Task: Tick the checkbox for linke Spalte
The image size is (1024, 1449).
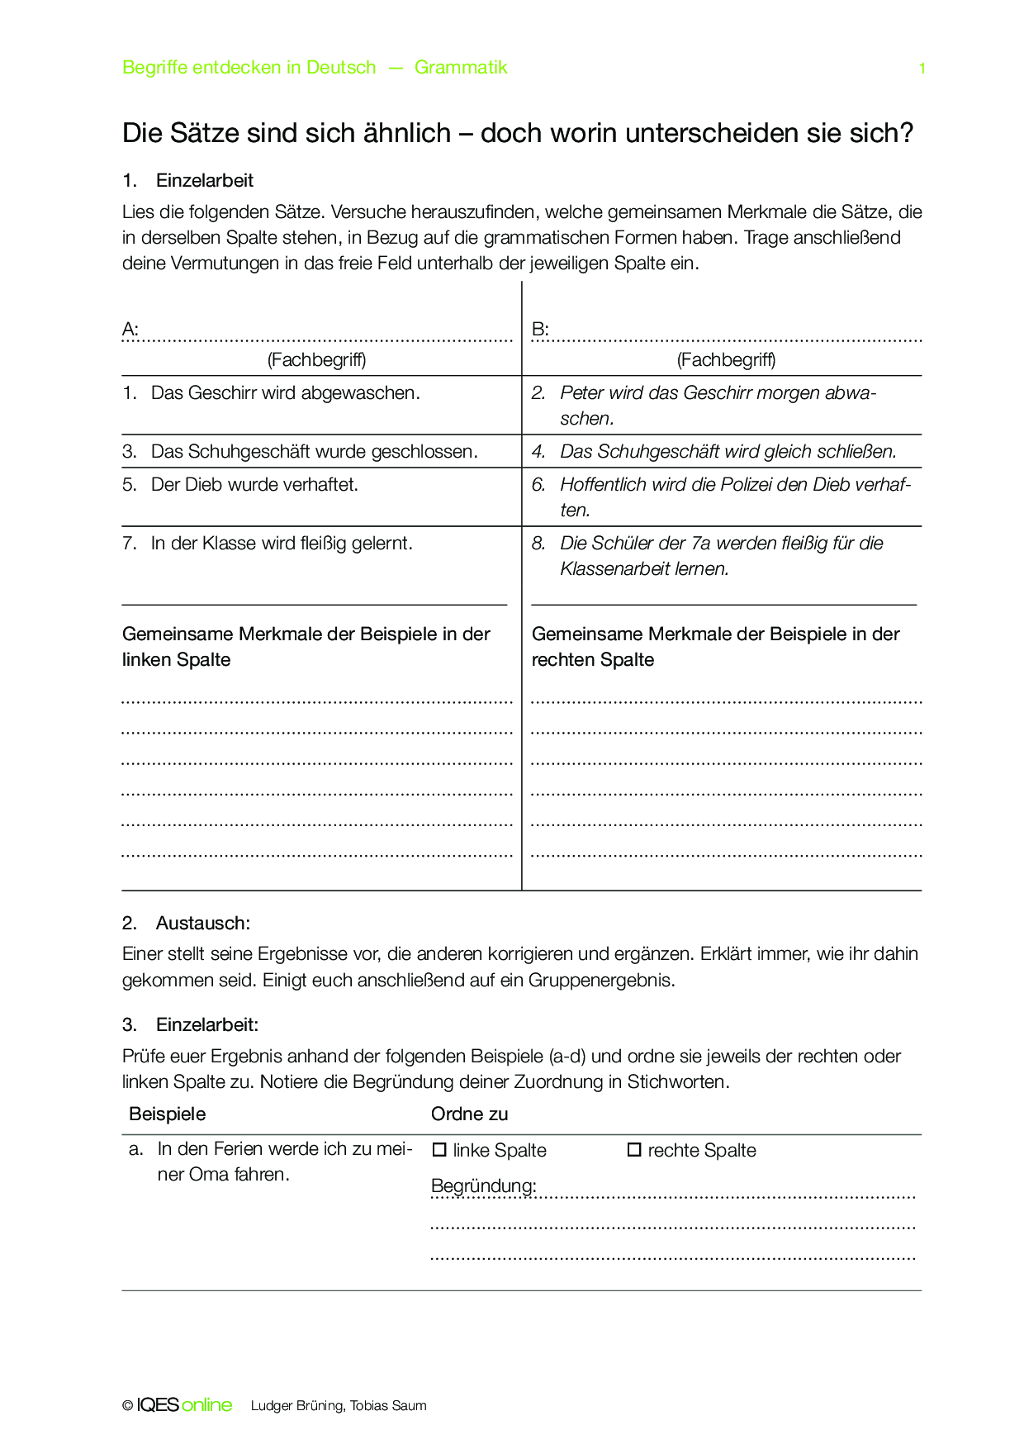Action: point(439,1149)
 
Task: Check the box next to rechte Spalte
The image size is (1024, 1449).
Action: point(634,1149)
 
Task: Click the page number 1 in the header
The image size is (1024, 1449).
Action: point(922,69)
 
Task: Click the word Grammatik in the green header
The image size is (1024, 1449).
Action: point(461,68)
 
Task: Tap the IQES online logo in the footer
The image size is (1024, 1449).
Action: point(183,1405)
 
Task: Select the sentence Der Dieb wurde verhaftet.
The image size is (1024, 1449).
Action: point(254,485)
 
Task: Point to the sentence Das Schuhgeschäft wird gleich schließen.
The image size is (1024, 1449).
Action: point(728,452)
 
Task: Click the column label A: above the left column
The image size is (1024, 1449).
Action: point(130,330)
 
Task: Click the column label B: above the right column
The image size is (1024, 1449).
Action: point(540,330)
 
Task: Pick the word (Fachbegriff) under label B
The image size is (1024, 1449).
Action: point(726,359)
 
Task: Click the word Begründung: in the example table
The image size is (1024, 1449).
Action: point(483,1186)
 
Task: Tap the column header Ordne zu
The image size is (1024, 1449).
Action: point(469,1114)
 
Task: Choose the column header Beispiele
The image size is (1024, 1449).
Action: point(167,1114)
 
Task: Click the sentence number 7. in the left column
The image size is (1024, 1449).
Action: point(130,544)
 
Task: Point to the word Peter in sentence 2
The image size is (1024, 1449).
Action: point(581,393)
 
